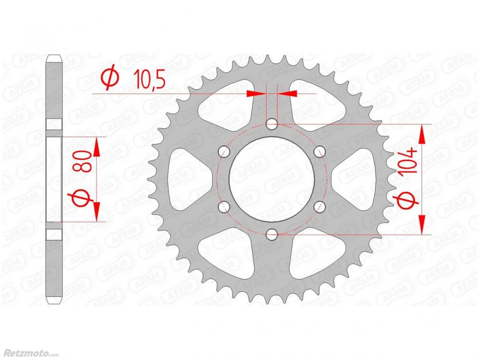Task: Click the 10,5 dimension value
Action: pos(149,81)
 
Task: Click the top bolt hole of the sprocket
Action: pos(272,124)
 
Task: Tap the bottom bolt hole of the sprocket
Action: pos(272,235)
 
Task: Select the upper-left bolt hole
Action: pos(224,152)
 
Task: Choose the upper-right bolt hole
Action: pos(320,152)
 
